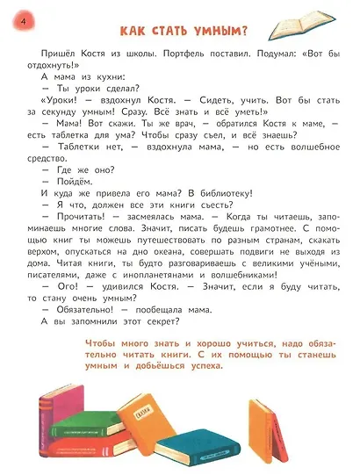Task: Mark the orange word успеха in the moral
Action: tap(200, 365)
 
